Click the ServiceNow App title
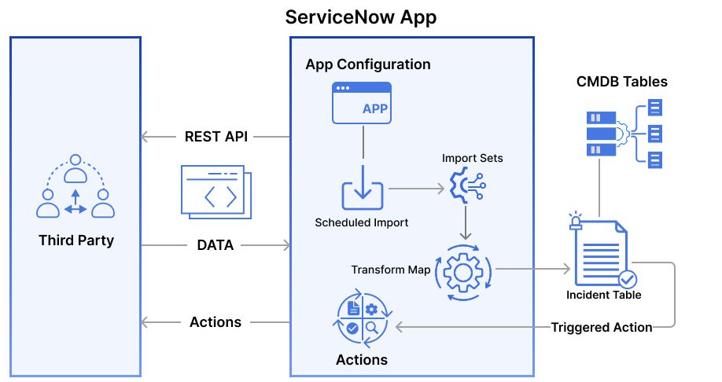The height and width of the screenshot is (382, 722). coord(360,17)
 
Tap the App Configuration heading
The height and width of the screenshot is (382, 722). coord(367,64)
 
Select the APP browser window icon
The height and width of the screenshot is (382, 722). coord(361,103)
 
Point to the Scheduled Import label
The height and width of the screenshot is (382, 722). coord(362,222)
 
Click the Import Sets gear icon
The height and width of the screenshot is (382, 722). coord(466,185)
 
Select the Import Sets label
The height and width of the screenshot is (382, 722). coord(472,158)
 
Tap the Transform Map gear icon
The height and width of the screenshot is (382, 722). coord(462,271)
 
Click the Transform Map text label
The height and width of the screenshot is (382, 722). coord(391,270)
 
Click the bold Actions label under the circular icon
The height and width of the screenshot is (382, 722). coord(361,360)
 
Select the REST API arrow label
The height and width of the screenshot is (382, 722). coord(215,136)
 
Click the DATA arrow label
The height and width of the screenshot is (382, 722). coord(215,245)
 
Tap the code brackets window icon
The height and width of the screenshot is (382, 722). coord(215,191)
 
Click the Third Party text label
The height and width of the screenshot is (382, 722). coord(76,241)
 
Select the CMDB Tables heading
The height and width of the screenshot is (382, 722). coord(621,82)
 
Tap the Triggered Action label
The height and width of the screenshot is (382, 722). coord(601,327)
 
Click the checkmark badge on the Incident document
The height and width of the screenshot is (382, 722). coord(627,279)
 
